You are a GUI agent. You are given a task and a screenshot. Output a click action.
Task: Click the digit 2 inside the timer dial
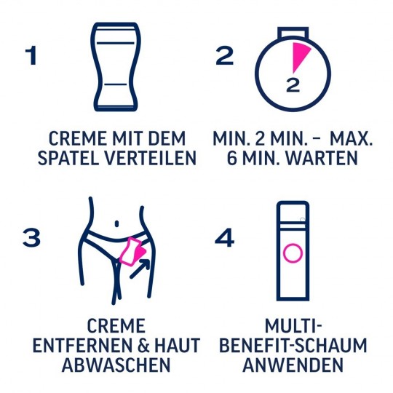click(x=293, y=84)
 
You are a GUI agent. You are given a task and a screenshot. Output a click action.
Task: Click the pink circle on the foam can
click(x=292, y=254)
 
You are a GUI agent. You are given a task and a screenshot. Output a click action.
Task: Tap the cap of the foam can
click(x=292, y=211)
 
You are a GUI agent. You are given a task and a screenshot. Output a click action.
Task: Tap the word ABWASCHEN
click(x=115, y=365)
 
